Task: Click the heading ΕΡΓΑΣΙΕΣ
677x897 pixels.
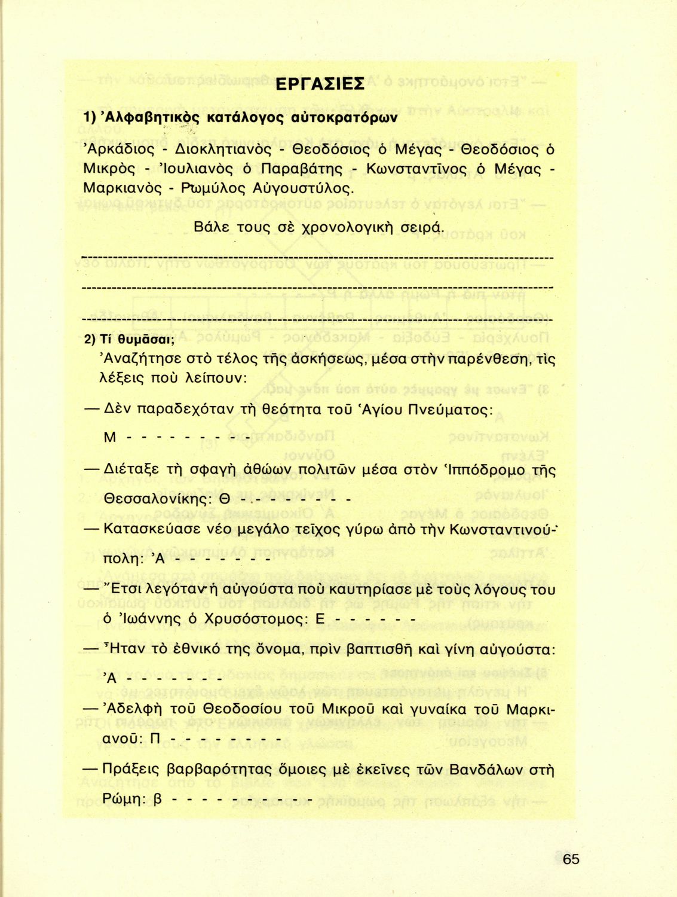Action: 320,83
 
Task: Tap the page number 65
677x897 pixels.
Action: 571,859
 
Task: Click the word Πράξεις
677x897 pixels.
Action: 131,769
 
